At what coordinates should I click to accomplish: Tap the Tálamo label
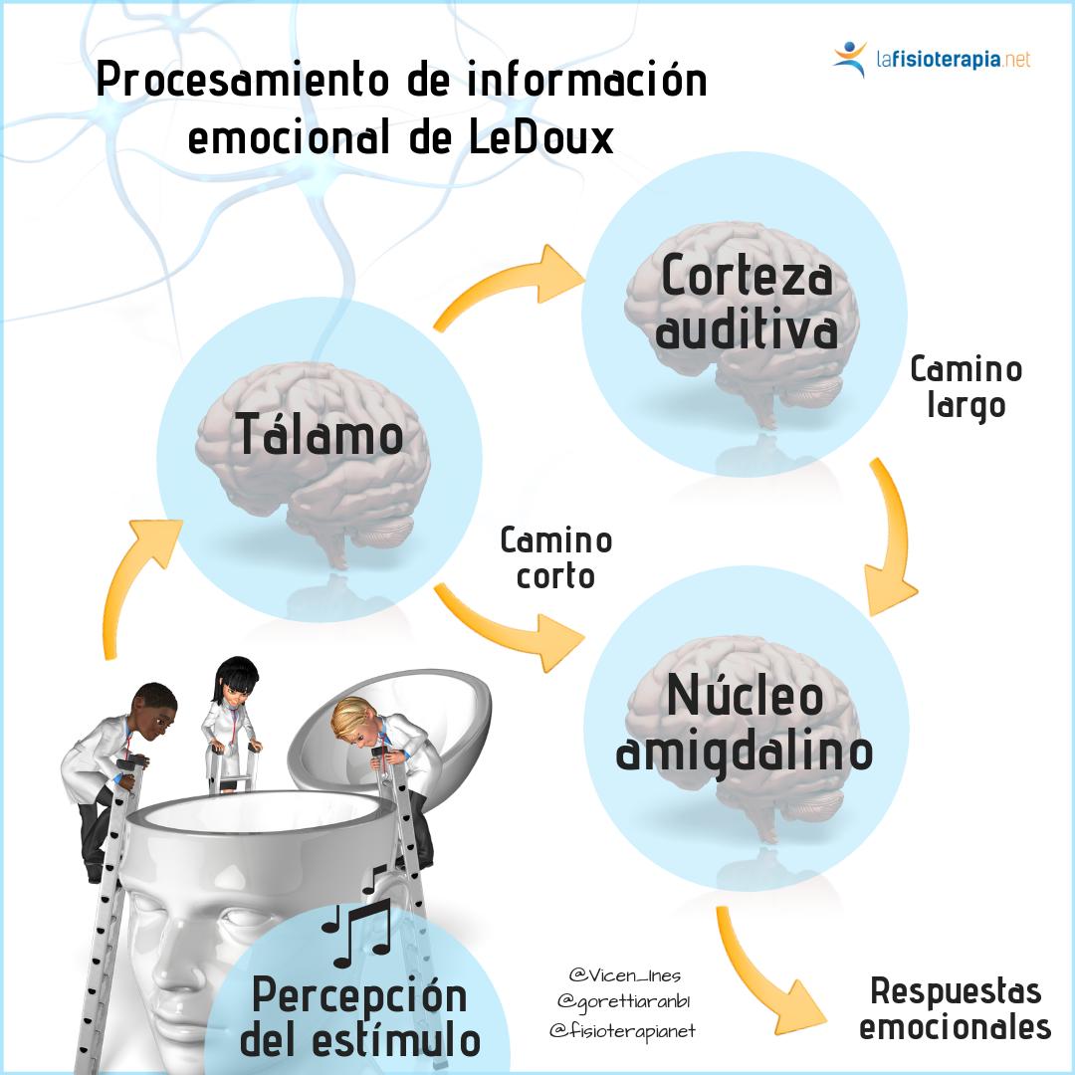[320, 434]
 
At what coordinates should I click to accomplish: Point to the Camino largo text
[966, 387]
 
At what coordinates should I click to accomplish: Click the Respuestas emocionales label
[955, 1007]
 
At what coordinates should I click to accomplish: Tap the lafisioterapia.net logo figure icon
[850, 59]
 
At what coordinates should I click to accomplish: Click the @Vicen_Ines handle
[625, 974]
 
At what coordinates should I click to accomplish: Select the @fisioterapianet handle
[622, 1031]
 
